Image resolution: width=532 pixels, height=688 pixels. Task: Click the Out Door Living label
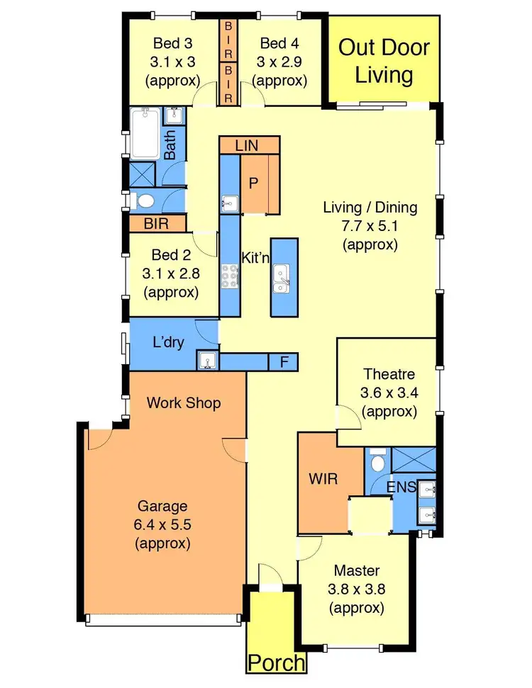coord(384,61)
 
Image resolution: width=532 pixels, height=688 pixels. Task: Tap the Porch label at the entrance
coord(277,663)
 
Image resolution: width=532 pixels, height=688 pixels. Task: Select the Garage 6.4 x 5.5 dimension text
coord(162,525)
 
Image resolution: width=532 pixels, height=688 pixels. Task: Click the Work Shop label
coord(184,403)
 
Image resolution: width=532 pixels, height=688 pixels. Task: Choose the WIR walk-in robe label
coord(323,478)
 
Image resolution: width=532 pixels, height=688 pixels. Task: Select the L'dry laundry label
coord(169,342)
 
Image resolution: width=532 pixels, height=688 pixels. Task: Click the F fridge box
coord(284,362)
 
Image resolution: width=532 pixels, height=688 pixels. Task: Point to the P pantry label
coord(252,181)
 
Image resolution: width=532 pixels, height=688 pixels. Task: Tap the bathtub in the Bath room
coord(146,132)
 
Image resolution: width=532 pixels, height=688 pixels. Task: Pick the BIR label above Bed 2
coord(156,223)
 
